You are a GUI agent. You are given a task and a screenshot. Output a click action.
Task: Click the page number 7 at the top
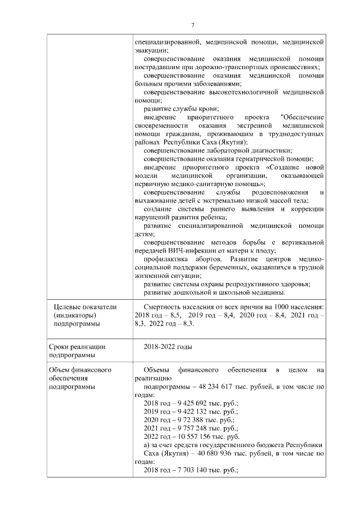click(x=192, y=25)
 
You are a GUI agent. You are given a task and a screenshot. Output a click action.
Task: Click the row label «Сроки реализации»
click(x=78, y=347)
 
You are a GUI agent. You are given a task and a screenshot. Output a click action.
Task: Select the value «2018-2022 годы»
click(x=168, y=347)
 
